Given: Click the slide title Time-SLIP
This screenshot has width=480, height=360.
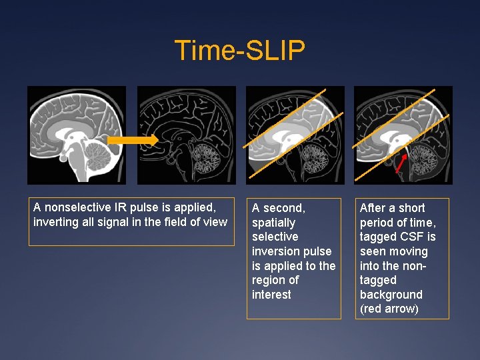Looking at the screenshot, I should click(x=239, y=51).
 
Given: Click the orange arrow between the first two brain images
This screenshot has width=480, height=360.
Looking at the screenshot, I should click(x=133, y=140).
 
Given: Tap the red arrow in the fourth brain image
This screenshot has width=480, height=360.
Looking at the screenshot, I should click(x=401, y=162).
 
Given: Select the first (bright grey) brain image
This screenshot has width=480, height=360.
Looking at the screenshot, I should click(x=76, y=135).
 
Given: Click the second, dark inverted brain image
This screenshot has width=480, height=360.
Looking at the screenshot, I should click(x=187, y=135).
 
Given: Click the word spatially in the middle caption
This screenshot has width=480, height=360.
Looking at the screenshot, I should click(x=273, y=223).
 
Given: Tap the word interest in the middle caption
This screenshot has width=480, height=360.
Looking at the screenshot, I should click(x=271, y=295).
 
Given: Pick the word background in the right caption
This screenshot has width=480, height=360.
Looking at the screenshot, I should click(x=391, y=295).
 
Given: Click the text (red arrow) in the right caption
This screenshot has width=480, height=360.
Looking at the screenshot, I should click(x=389, y=309).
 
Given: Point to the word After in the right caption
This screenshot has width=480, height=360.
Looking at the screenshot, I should click(x=372, y=208).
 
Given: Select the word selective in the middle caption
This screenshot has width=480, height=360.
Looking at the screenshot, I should click(x=275, y=237).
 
